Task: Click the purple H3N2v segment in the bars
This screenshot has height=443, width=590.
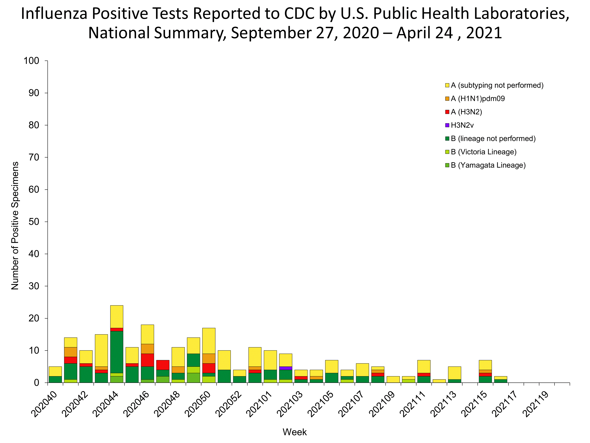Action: (286, 368)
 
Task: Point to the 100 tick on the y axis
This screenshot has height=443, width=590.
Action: (31, 61)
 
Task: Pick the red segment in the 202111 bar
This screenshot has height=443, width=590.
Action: (424, 375)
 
